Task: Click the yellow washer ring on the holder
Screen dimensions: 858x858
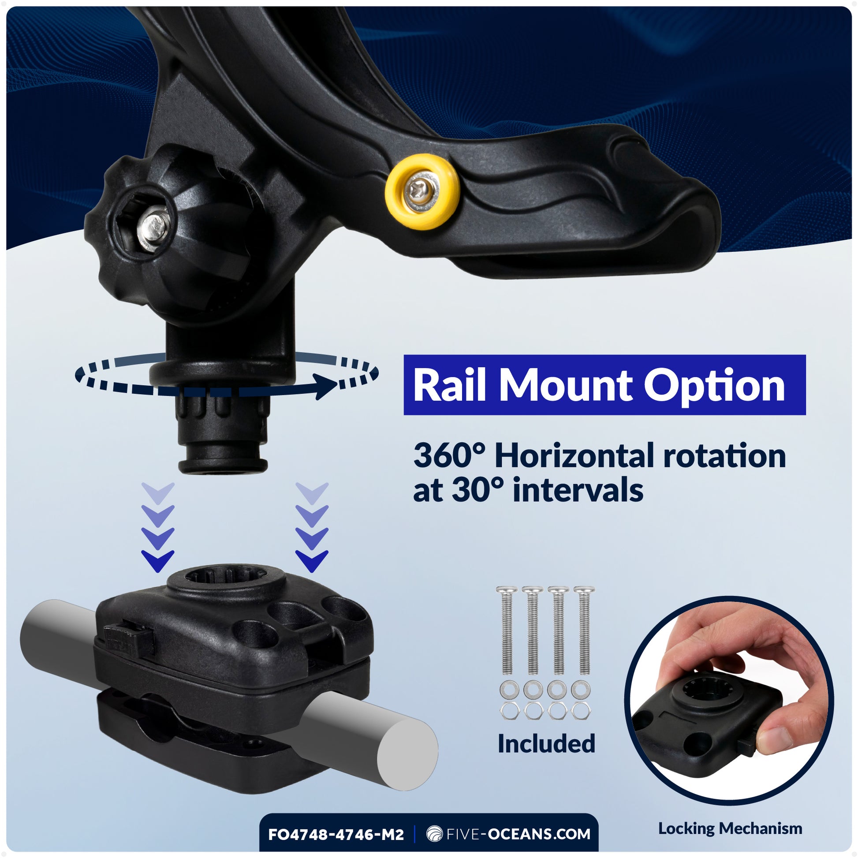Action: point(422,191)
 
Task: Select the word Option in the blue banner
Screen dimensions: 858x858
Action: point(714,386)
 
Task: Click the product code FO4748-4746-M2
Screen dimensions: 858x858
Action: point(336,835)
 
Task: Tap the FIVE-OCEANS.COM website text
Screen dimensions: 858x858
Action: point(518,834)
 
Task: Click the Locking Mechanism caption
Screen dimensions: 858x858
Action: point(730,828)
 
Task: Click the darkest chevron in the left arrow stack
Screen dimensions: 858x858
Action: point(157,561)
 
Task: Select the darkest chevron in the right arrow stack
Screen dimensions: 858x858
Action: point(312,561)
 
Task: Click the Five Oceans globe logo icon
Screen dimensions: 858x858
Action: point(434,834)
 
